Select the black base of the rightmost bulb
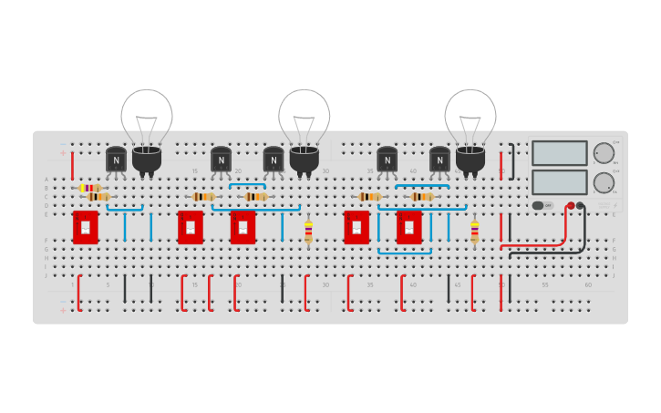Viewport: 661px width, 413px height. pyautogui.click(x=470, y=160)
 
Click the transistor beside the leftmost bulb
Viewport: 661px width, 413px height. pyautogui.click(x=116, y=160)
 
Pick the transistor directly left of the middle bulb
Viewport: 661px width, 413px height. pyautogui.click(x=274, y=160)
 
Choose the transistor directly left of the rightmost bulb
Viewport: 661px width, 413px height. pyautogui.click(x=439, y=160)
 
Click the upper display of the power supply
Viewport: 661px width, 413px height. pyautogui.click(x=559, y=152)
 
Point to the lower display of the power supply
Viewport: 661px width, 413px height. pyautogui.click(x=559, y=182)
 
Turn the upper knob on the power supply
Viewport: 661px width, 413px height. pyautogui.click(x=604, y=152)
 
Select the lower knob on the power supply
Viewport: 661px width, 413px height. pyautogui.click(x=604, y=182)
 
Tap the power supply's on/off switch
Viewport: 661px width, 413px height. pyautogui.click(x=538, y=205)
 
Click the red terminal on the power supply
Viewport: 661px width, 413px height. pyautogui.click(x=572, y=206)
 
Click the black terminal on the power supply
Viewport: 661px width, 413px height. pyautogui.click(x=581, y=206)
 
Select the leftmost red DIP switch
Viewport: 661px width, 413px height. pyautogui.click(x=86, y=227)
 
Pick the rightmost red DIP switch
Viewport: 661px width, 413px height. pyautogui.click(x=409, y=227)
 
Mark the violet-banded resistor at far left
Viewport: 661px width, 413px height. pyautogui.click(x=90, y=188)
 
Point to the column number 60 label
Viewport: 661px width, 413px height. pyautogui.click(x=588, y=285)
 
